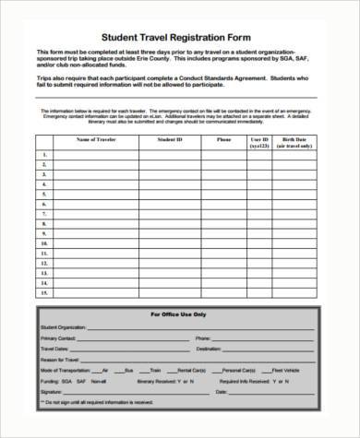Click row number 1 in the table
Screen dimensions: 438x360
click(x=42, y=157)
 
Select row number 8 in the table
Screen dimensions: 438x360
click(x=42, y=224)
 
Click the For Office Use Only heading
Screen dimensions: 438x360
click(x=179, y=314)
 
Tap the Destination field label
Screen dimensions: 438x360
click(x=208, y=349)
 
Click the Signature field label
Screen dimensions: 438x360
click(x=52, y=390)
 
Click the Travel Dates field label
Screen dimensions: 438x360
click(x=55, y=349)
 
